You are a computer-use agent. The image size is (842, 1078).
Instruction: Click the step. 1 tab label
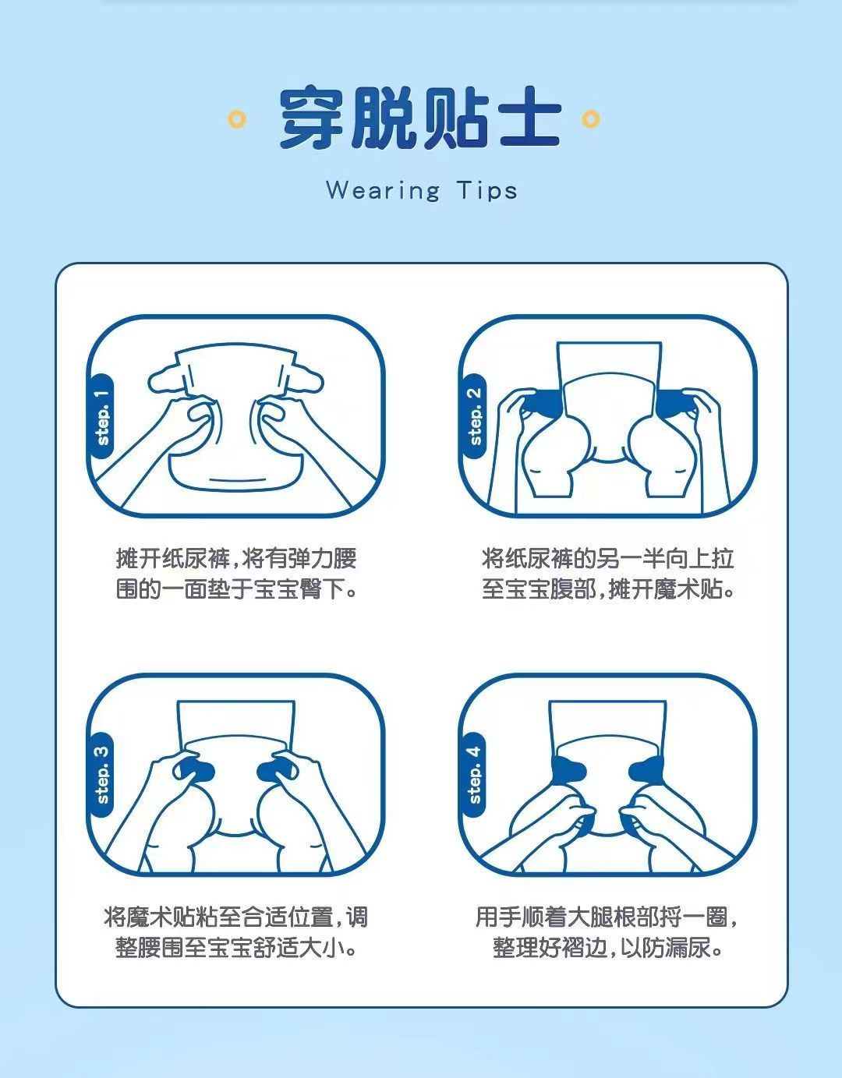tap(103, 417)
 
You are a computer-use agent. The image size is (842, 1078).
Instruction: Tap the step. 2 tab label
tap(475, 417)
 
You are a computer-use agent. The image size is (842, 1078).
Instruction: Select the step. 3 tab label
tap(103, 775)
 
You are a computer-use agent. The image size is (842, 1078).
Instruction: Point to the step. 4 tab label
tap(475, 775)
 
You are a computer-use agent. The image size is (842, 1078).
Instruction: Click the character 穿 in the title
tap(312, 118)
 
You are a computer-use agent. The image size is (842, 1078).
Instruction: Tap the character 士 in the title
tap(530, 118)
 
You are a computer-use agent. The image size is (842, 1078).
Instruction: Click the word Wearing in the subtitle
tap(383, 191)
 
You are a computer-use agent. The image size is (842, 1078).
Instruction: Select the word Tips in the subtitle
tap(486, 191)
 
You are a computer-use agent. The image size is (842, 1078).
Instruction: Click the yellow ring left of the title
tap(237, 119)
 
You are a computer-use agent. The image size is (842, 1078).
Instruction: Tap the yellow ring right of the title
tap(590, 119)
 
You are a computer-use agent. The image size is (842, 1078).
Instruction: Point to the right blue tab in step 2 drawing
tap(675, 403)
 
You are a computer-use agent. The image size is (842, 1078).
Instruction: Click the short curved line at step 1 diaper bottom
tap(236, 480)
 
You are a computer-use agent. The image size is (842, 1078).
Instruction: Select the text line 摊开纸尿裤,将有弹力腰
tap(236, 558)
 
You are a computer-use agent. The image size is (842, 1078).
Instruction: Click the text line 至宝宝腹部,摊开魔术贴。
tap(608, 589)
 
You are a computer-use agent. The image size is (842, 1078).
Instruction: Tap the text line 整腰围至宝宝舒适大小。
tap(236, 948)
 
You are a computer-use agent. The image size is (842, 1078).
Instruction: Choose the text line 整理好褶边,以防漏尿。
tap(608, 948)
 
